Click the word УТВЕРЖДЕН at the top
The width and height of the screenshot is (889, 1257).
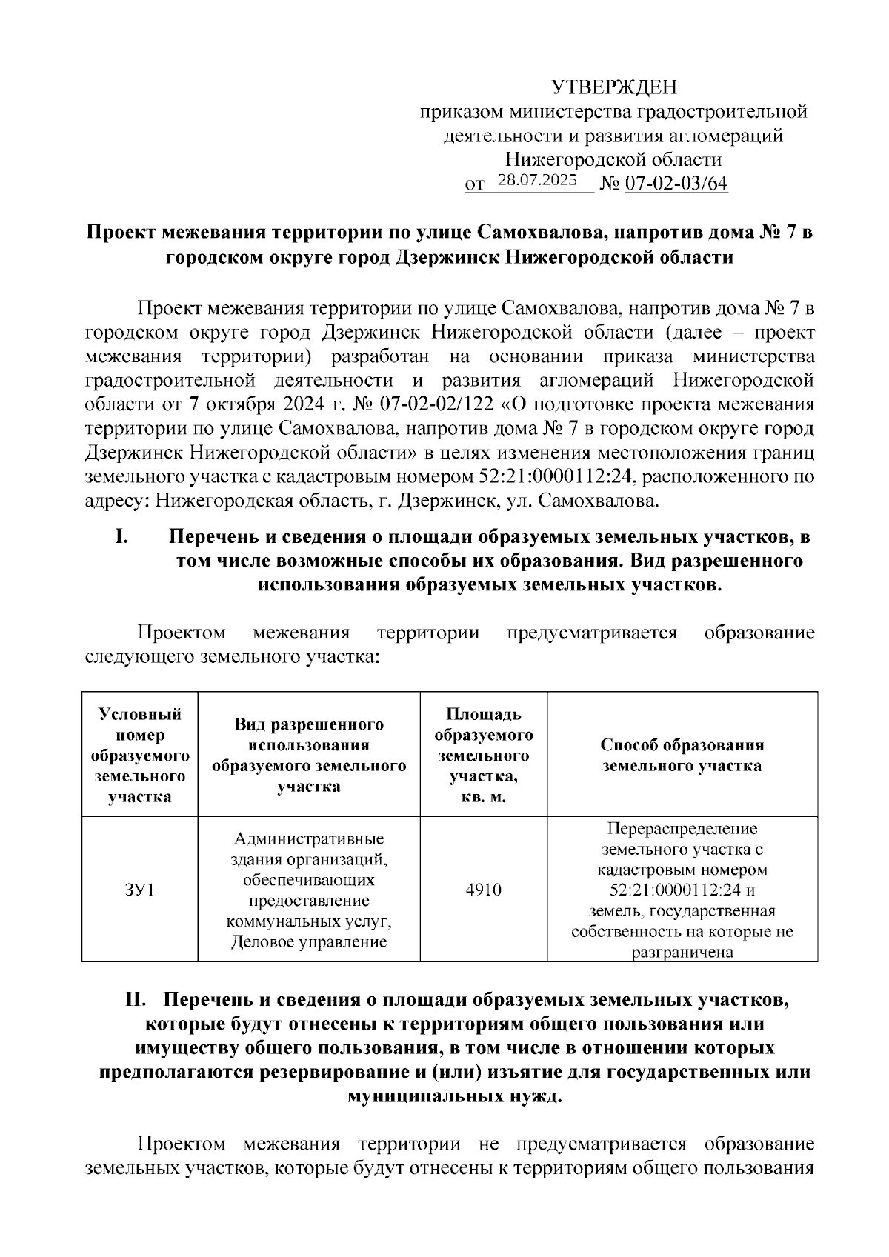pyautogui.click(x=614, y=89)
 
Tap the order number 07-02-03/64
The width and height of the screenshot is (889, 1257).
pyautogui.click(x=676, y=184)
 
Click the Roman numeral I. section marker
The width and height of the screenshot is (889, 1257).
pyautogui.click(x=123, y=536)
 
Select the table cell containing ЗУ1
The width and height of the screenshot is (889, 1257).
pyautogui.click(x=139, y=890)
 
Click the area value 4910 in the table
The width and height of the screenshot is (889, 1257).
pyautogui.click(x=483, y=890)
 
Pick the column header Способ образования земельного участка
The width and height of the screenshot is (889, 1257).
pyautogui.click(x=682, y=755)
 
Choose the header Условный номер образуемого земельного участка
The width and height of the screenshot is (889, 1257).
pyautogui.click(x=139, y=755)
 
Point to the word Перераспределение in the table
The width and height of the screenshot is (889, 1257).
pyautogui.click(x=682, y=828)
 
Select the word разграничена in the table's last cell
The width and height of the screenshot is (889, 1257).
pyautogui.click(x=682, y=953)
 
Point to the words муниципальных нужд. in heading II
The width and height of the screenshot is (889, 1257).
pyautogui.click(x=455, y=1096)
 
